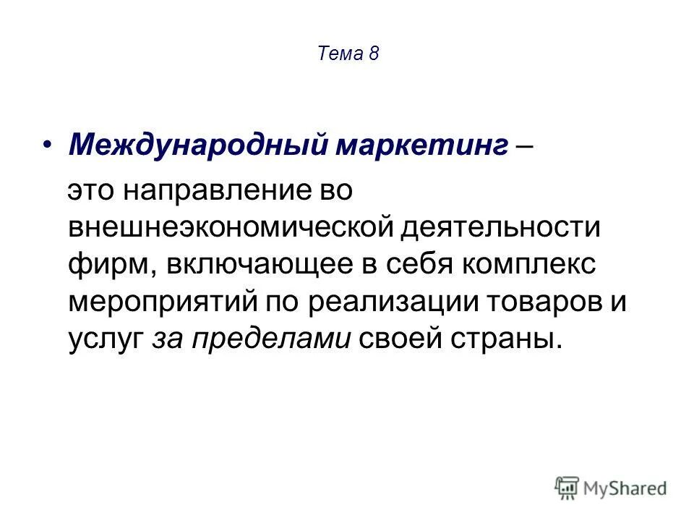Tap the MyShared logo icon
click(567, 488)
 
